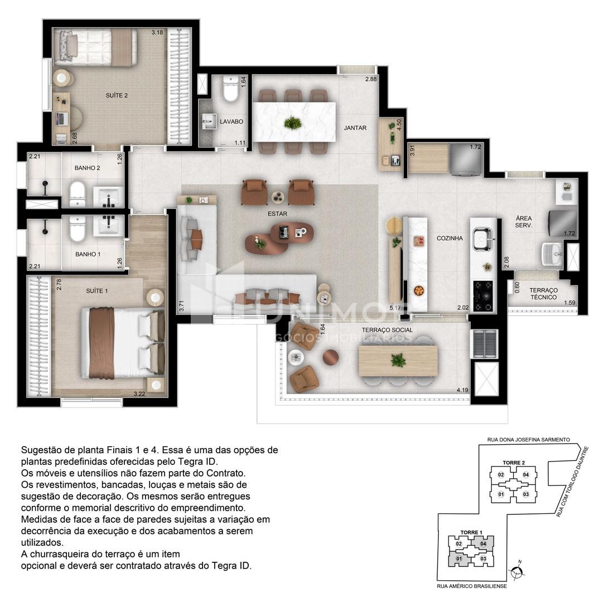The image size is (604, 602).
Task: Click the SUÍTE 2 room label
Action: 117,95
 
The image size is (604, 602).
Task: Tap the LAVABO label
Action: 231,122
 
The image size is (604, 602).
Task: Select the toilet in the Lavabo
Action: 231,89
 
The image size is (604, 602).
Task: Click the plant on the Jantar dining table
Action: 293,123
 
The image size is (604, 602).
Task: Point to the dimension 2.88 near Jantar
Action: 371,79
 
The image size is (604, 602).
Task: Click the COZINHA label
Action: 450,238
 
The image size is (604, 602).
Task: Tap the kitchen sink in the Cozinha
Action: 483,239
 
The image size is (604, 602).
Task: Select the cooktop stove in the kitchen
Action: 484,296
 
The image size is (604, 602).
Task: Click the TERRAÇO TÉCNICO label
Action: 543,294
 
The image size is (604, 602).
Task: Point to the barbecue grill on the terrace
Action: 485,344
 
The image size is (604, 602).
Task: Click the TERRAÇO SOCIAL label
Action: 387,330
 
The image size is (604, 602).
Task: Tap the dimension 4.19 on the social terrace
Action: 462,390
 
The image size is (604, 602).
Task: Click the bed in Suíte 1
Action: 123,343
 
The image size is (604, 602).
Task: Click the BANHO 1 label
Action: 88,254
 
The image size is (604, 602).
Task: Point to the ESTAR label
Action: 277,213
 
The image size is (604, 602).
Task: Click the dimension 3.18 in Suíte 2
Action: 157,32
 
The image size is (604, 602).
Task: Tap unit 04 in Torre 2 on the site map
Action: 526,474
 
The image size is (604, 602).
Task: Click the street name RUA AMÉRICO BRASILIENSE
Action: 471,586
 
